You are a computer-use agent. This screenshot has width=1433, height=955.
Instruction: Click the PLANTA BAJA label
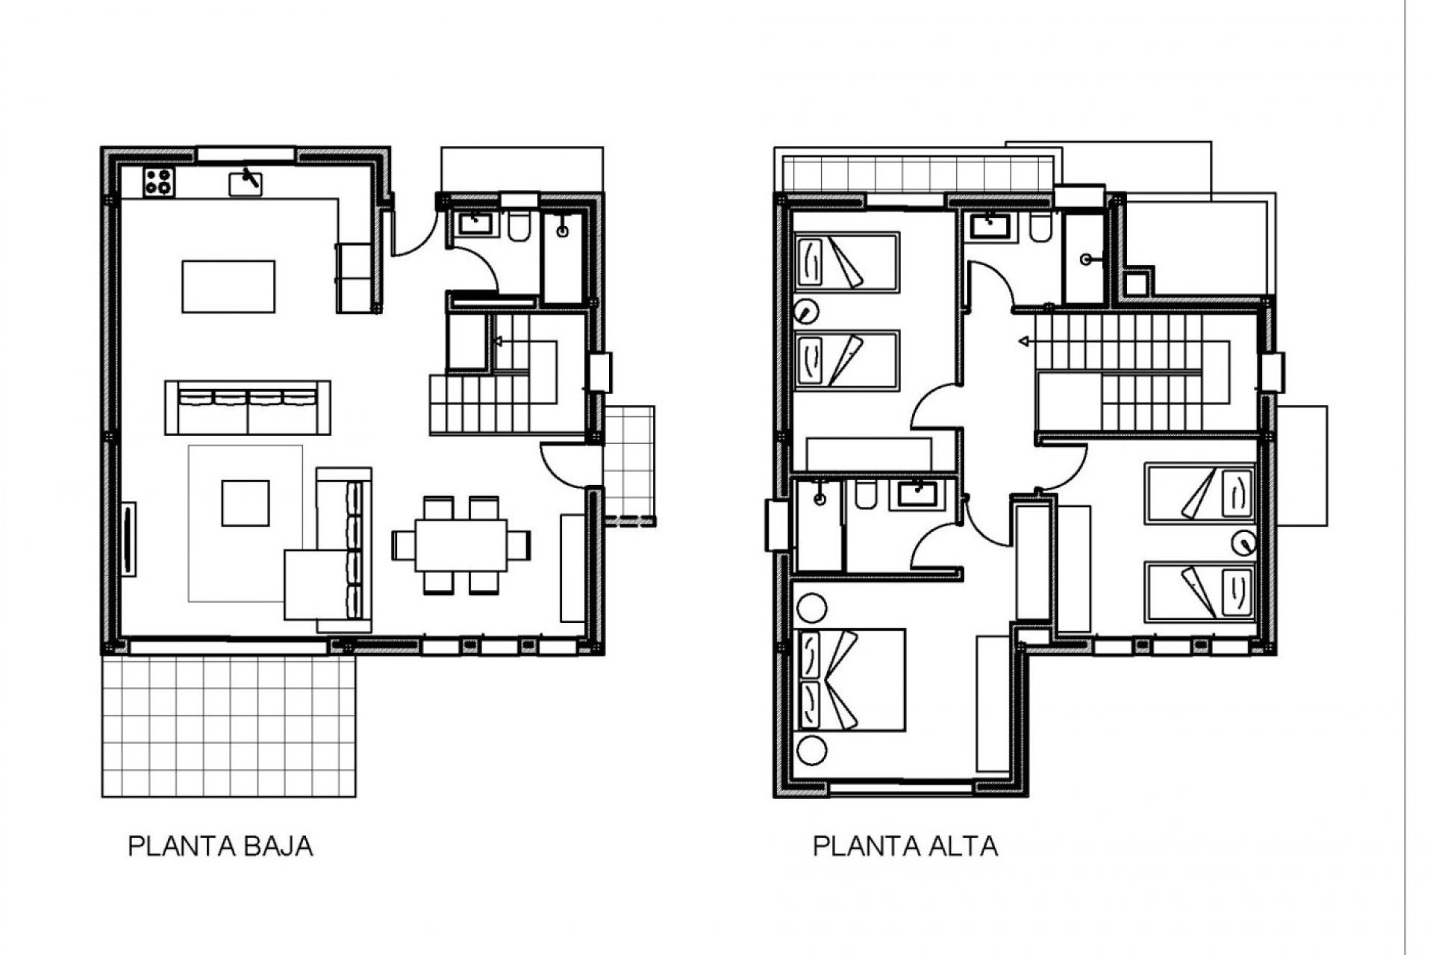point(220,847)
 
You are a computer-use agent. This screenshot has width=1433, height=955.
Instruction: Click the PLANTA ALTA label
point(905,847)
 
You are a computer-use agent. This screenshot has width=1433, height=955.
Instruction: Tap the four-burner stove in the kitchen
point(159,182)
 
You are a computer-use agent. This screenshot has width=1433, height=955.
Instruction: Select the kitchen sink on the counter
point(246,182)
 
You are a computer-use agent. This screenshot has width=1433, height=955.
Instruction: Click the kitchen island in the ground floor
point(228,286)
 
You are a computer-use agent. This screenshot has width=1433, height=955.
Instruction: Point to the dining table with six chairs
point(461,545)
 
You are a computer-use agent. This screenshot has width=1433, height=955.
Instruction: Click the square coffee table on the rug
point(246,503)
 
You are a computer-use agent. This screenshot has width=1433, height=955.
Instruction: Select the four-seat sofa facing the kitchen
point(248,407)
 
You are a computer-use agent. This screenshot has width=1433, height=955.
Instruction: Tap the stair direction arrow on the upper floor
point(1025,342)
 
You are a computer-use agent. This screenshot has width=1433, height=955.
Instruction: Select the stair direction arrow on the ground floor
point(499,342)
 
